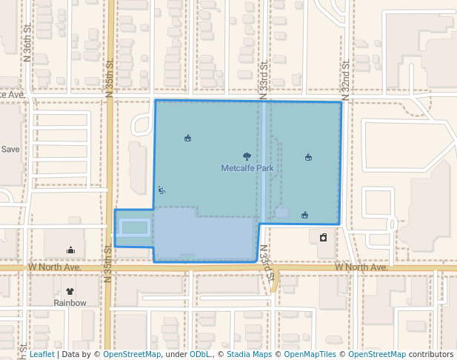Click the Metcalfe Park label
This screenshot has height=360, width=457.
[247, 168]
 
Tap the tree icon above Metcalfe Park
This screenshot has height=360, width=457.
[247, 156]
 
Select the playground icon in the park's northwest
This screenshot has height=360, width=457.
[187, 138]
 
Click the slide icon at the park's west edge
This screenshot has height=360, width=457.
[161, 190]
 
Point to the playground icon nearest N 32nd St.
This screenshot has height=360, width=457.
[308, 156]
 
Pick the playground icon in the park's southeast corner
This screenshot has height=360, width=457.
[304, 215]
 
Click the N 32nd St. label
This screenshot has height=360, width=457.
[345, 76]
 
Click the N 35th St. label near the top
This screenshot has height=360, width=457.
[108, 79]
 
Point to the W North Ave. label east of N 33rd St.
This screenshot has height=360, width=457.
[361, 267]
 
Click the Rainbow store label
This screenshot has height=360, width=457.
[70, 303]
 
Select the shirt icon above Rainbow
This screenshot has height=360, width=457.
[70, 292]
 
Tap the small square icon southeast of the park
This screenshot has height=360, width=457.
[324, 238]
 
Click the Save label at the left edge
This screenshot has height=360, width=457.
[10, 149]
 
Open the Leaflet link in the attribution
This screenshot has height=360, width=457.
[42, 355]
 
